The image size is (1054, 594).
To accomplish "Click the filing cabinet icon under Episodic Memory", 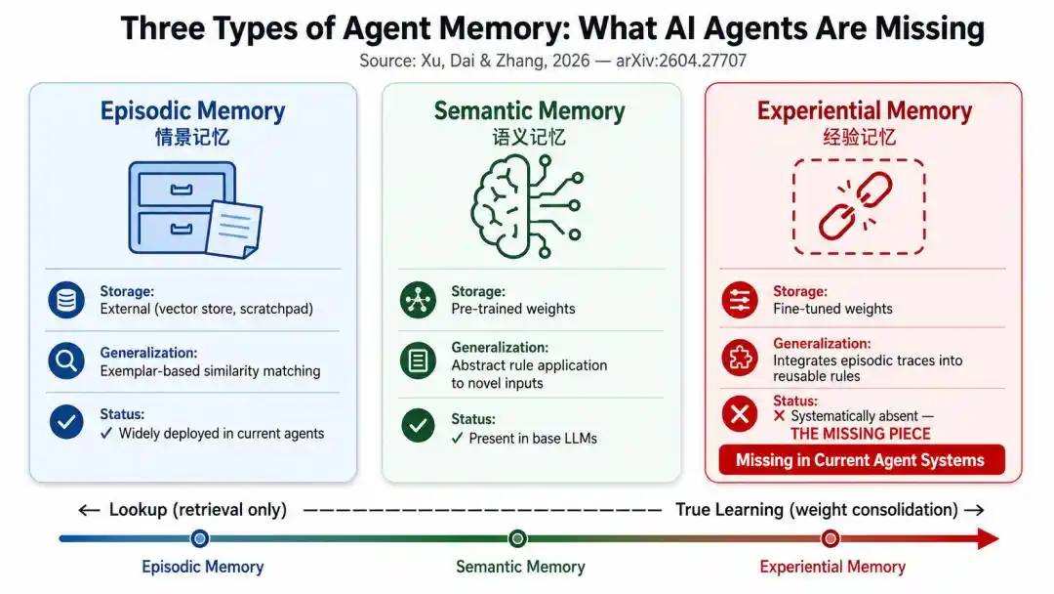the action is [x=195, y=209].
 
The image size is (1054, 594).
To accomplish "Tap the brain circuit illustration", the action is [x=527, y=206].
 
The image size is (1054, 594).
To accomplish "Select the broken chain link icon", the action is [x=856, y=206].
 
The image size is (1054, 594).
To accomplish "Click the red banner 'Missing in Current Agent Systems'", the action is [x=861, y=460].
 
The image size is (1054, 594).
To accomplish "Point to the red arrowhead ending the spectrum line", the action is [x=988, y=539].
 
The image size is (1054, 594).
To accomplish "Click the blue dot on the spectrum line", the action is [x=200, y=539].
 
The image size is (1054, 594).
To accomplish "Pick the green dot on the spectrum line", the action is [x=517, y=539].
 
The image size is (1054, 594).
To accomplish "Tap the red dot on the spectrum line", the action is [x=831, y=539].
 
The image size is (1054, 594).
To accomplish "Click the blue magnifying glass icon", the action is [x=66, y=361].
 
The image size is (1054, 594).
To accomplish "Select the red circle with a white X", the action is [x=740, y=413].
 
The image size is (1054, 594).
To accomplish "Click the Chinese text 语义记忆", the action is [x=529, y=138].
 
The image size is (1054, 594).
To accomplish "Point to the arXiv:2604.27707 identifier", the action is [x=681, y=62].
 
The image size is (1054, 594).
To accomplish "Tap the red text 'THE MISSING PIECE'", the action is [x=861, y=434].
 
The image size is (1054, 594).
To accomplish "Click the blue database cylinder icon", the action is [x=66, y=300].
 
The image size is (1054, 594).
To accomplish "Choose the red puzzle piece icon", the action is [x=740, y=358].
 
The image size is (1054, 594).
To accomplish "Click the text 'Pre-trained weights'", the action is [x=513, y=309].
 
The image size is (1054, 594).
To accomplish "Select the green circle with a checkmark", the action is [x=418, y=425].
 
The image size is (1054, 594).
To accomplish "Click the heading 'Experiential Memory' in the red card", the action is [x=865, y=111].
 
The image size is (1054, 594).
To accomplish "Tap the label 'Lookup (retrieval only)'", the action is [x=197, y=510].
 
